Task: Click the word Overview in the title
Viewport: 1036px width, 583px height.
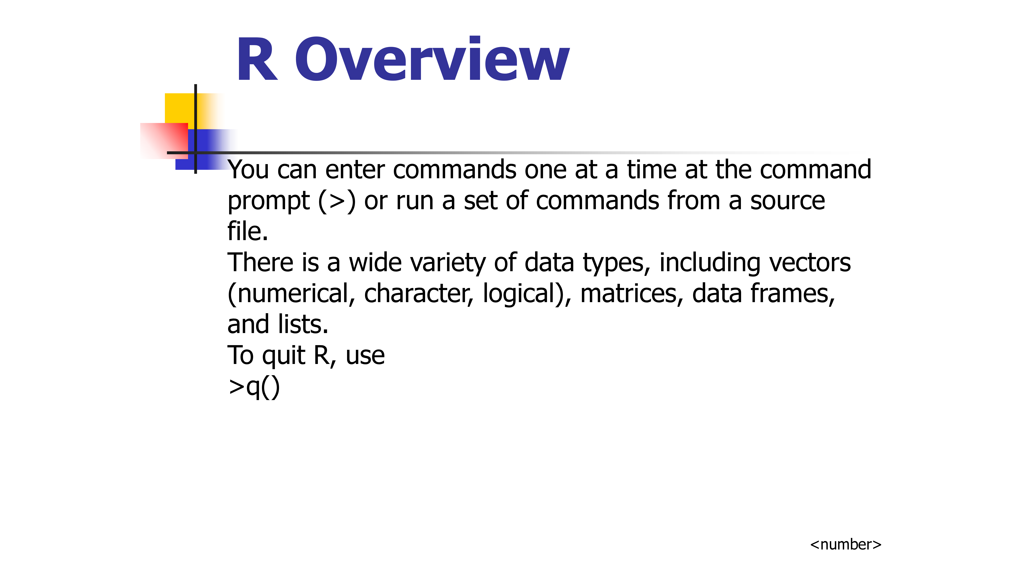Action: point(432,59)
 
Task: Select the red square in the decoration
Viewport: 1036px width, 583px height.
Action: point(164,141)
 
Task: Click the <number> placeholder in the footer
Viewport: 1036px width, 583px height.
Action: point(845,544)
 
